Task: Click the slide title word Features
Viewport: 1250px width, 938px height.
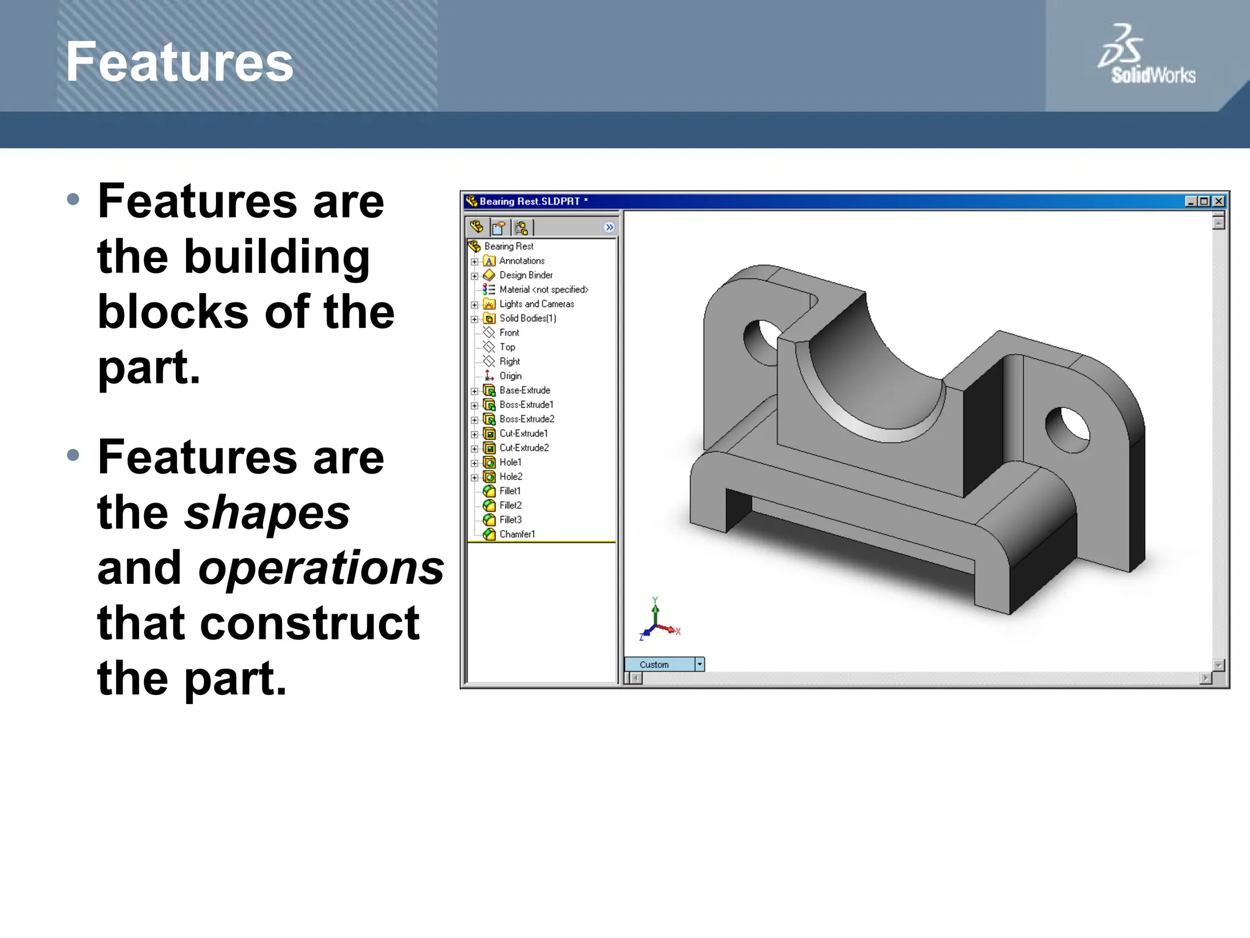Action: pos(179,62)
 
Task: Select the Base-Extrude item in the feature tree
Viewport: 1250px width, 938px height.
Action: pos(524,390)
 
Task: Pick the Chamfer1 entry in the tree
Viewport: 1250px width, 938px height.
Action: pos(516,534)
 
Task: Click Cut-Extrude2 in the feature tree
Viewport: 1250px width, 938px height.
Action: pos(524,448)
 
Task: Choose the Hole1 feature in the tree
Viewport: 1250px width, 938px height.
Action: pos(510,462)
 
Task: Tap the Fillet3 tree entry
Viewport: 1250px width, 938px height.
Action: pos(510,520)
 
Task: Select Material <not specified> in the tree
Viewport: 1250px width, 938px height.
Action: pos(543,289)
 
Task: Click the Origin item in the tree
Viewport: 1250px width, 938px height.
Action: pos(510,376)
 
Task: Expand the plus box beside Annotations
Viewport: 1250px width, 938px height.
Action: pos(474,261)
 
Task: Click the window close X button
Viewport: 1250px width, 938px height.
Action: pos(1218,201)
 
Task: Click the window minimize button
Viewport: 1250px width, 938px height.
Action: pos(1190,201)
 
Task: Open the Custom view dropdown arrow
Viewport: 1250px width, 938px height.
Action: pos(699,664)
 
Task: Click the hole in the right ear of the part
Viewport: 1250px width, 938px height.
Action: pos(1068,429)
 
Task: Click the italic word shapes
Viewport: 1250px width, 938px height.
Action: pos(267,513)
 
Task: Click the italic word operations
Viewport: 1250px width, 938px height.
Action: pos(321,568)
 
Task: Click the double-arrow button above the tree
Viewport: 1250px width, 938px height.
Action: pos(609,227)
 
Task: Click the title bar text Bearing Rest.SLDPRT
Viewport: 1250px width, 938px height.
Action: pos(529,201)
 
